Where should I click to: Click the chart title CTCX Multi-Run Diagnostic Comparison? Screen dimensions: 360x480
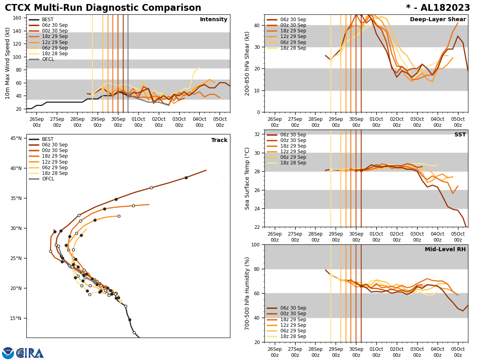(x=103, y=8)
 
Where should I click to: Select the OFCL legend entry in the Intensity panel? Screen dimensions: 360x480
(x=48, y=59)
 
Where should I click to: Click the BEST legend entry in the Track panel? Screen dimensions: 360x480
(x=48, y=139)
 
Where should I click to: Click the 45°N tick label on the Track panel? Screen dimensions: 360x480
(x=16, y=138)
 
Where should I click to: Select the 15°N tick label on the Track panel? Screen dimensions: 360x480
(x=16, y=318)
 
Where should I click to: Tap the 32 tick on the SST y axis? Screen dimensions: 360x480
(x=257, y=134)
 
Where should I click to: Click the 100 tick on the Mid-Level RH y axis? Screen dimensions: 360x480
(x=255, y=244)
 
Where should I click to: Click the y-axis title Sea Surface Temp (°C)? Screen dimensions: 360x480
(x=248, y=178)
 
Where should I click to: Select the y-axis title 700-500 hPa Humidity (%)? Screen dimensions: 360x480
(x=248, y=293)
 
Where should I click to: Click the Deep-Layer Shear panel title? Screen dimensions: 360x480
(x=438, y=20)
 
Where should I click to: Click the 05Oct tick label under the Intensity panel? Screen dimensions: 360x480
(x=220, y=122)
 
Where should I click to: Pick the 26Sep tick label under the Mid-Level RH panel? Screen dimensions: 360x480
(x=274, y=352)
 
